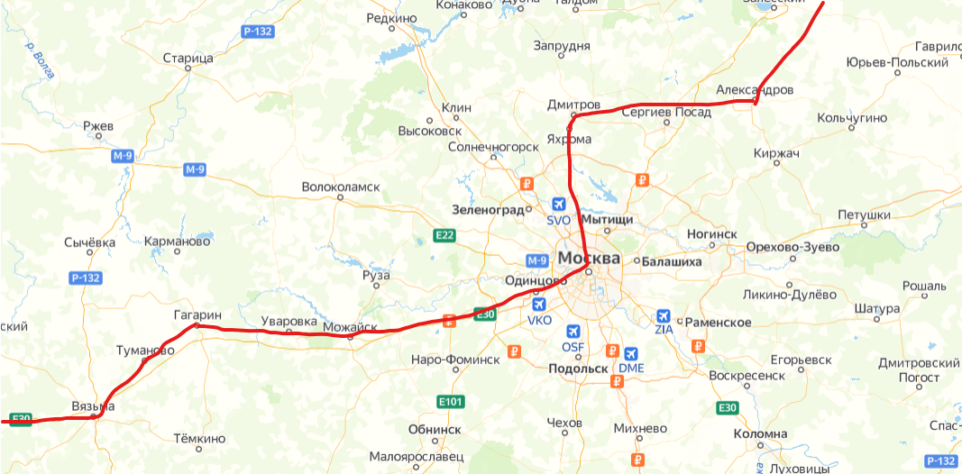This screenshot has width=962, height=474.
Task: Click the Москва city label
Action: pyautogui.click(x=589, y=259)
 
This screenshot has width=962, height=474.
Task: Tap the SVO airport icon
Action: pyautogui.click(x=559, y=204)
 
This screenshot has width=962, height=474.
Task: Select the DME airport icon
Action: pyautogui.click(x=630, y=353)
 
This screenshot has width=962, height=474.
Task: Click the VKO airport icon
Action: pyautogui.click(x=539, y=305)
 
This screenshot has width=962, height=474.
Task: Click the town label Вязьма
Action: pyautogui.click(x=93, y=407)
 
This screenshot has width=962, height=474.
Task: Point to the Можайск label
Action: pyautogui.click(x=350, y=326)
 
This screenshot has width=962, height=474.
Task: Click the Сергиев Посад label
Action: pyautogui.click(x=666, y=111)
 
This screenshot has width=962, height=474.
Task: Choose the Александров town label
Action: pyautogui.click(x=755, y=90)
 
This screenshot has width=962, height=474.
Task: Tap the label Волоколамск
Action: pyautogui.click(x=341, y=187)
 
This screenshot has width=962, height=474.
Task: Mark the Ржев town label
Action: pyautogui.click(x=98, y=126)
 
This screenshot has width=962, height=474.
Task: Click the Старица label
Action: pyautogui.click(x=188, y=59)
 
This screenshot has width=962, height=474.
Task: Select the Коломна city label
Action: pyautogui.click(x=760, y=433)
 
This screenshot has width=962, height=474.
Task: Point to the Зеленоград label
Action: pyautogui.click(x=488, y=210)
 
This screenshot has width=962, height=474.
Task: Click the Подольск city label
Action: pyautogui.click(x=578, y=368)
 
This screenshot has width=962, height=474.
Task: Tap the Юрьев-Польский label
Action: pyautogui.click(x=897, y=62)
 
